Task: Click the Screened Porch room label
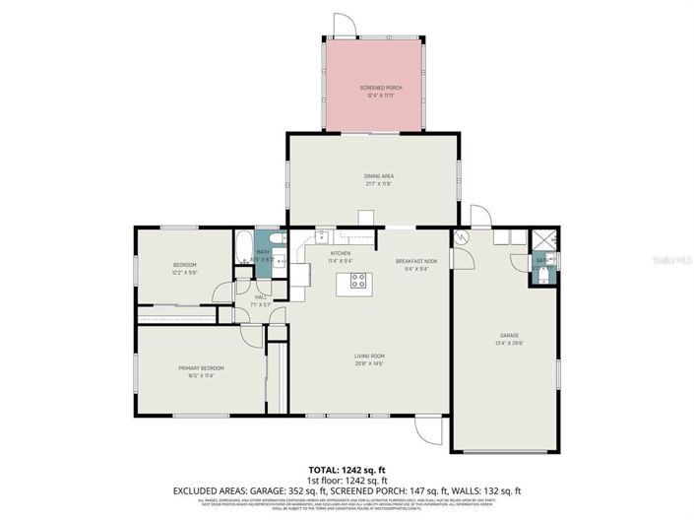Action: (x=373, y=88)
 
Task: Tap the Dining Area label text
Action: (x=373, y=175)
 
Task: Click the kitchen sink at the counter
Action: (x=321, y=236)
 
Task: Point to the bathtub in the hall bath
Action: (x=243, y=246)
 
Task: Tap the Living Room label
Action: (x=369, y=356)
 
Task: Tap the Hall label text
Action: (x=261, y=296)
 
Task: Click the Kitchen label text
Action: (x=340, y=254)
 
